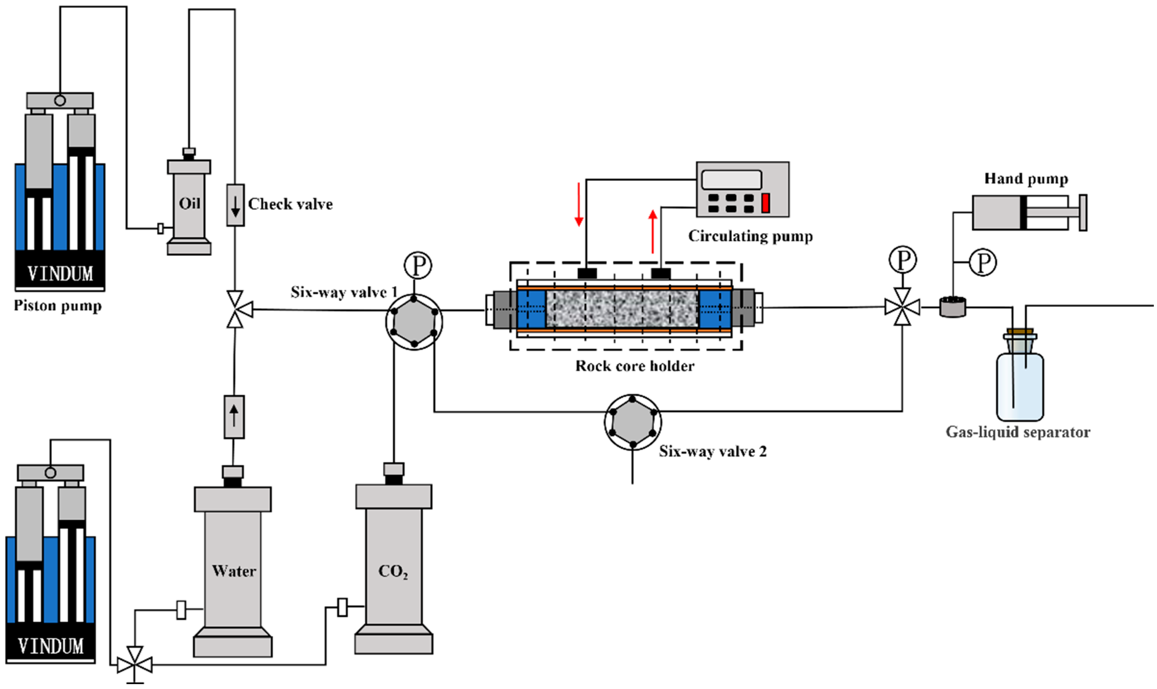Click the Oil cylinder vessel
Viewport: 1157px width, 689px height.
[189, 204]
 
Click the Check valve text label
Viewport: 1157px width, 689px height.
[290, 204]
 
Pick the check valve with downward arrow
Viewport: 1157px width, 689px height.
[235, 205]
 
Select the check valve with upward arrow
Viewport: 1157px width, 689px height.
[234, 417]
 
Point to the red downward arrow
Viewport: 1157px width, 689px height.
[578, 204]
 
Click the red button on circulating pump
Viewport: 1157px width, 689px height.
[765, 203]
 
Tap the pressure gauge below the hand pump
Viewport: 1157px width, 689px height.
[983, 263]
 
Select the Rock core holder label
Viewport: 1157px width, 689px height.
[635, 366]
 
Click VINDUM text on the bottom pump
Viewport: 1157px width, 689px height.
[51, 646]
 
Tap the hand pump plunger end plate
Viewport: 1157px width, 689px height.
[1083, 213]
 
